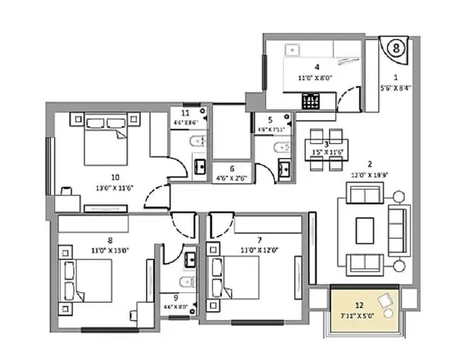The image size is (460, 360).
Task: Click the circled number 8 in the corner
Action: point(397,48)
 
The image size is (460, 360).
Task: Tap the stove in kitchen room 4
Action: point(311,101)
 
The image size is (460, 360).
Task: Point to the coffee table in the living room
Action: point(365,231)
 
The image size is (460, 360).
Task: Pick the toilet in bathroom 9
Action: point(184,282)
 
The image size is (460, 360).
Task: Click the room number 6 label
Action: point(232,168)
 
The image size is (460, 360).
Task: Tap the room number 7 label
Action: point(260,239)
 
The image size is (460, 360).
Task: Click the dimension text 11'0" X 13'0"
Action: point(110,250)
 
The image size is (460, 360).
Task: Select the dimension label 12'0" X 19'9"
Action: point(370,175)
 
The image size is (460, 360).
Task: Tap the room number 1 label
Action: point(396,77)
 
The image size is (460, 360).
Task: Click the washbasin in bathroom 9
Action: point(190,259)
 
